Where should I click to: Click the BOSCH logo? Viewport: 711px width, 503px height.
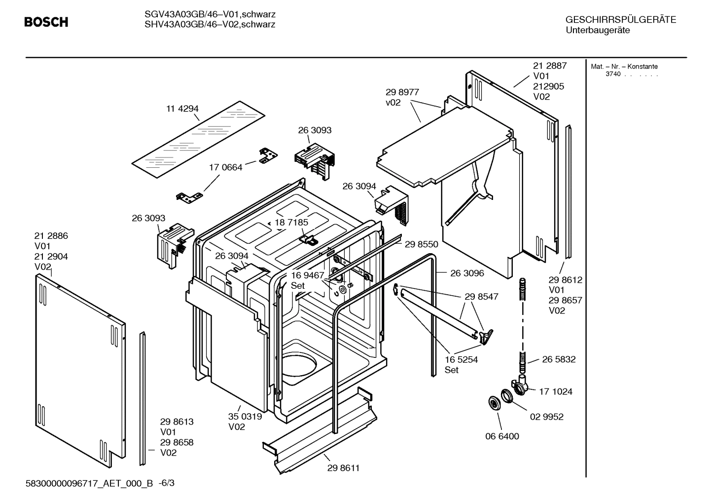pyautogui.click(x=46, y=22)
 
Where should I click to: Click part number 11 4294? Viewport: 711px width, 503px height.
pyautogui.click(x=182, y=109)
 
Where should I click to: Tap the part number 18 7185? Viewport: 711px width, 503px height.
pyautogui.click(x=291, y=222)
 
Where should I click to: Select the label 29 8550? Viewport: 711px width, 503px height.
pyautogui.click(x=421, y=244)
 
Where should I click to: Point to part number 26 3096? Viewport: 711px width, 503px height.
pyautogui.click(x=467, y=273)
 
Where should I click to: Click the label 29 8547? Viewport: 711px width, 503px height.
pyautogui.click(x=481, y=297)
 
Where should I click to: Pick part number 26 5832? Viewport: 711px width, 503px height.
pyautogui.click(x=559, y=359)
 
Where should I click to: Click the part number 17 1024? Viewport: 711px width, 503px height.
pyautogui.click(x=556, y=391)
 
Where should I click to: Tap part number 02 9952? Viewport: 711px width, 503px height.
pyautogui.click(x=547, y=417)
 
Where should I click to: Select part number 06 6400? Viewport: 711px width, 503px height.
pyautogui.click(x=502, y=436)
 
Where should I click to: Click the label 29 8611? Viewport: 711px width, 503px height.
pyautogui.click(x=343, y=468)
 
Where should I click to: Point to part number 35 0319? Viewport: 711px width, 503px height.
pyautogui.click(x=245, y=416)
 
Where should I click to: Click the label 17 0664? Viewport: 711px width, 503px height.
pyautogui.click(x=226, y=167)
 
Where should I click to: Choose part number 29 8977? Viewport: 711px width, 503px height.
pyautogui.click(x=402, y=92)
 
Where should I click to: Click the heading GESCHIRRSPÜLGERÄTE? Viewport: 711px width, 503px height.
pyautogui.click(x=620, y=20)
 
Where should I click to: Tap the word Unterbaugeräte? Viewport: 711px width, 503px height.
pyautogui.click(x=598, y=30)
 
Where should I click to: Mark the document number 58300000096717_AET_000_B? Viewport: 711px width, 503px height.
pyautogui.click(x=89, y=483)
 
